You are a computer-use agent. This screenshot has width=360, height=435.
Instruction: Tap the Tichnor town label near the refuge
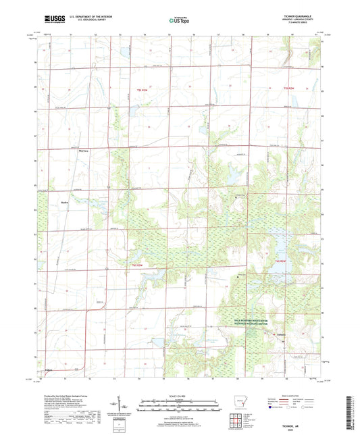[279, 333]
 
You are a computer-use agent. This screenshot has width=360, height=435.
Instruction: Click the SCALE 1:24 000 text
[179, 395]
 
